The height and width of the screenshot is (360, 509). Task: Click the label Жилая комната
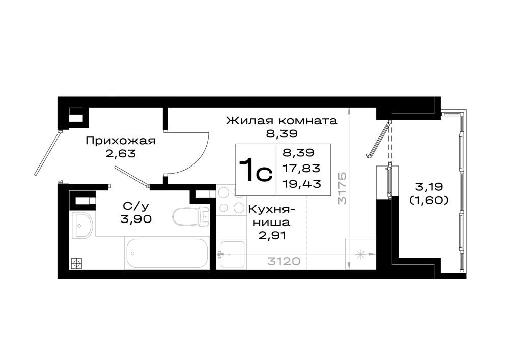click(x=282, y=121)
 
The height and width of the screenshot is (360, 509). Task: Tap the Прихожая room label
click(x=121, y=141)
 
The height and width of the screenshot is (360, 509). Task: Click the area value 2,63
click(x=121, y=153)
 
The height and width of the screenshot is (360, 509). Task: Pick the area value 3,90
click(x=136, y=219)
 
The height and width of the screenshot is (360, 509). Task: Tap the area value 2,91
click(x=272, y=235)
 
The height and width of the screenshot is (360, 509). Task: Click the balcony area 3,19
click(x=429, y=187)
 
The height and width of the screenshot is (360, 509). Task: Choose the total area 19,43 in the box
click(x=301, y=184)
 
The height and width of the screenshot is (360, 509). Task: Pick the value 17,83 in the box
click(x=301, y=168)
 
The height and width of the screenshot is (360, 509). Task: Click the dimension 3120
click(x=284, y=261)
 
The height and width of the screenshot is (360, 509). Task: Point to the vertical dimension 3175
click(x=343, y=188)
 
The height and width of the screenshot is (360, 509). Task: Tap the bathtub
click(x=167, y=253)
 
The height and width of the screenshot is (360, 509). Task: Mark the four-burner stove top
click(x=231, y=200)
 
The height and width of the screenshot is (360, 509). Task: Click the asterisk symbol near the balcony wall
click(x=360, y=254)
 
